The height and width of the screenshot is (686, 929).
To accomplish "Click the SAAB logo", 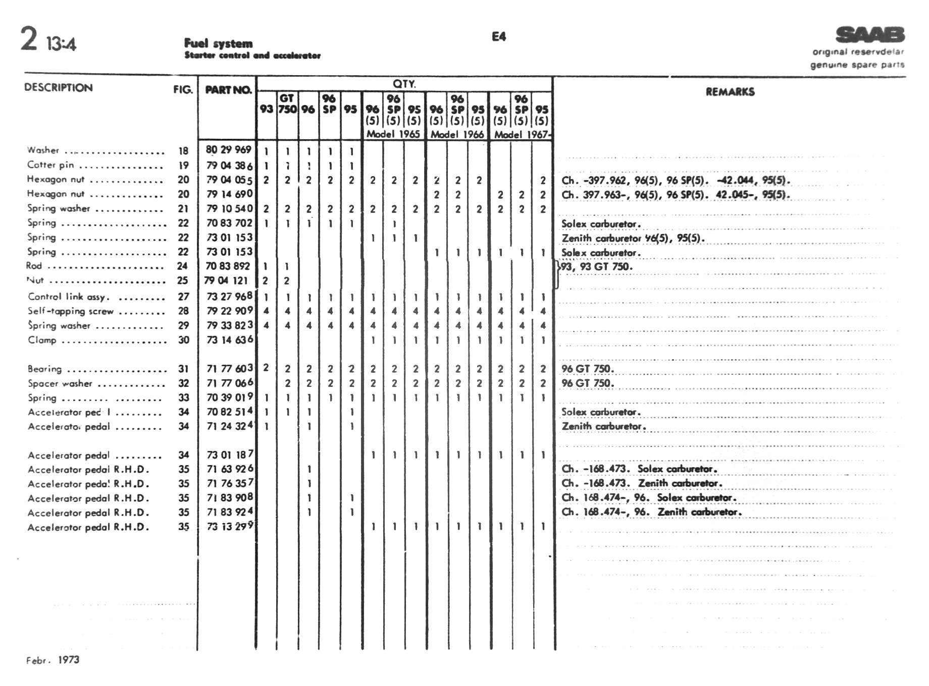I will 870,35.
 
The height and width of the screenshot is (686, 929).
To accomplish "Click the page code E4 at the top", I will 498,36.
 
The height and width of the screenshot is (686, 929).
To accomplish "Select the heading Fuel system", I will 218,43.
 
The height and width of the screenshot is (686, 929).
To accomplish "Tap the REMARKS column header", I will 730,92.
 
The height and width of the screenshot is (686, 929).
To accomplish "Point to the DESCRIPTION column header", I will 59,88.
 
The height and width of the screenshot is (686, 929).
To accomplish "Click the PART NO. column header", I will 228,90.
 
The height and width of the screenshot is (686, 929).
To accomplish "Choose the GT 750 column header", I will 287,104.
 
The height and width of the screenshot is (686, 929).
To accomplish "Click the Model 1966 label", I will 457,135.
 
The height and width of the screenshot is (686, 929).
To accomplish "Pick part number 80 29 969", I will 228,150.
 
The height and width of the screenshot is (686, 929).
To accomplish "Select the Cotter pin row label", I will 50,165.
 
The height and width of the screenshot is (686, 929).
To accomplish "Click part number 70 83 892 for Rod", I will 228,266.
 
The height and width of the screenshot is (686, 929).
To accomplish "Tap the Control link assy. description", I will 69,297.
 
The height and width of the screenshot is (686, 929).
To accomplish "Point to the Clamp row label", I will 42,340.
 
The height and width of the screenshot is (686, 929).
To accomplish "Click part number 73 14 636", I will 229,340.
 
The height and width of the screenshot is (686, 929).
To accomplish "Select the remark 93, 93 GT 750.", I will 597,267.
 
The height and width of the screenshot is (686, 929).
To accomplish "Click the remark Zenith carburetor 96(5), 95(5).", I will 633,238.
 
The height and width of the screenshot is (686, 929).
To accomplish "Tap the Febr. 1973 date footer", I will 53,660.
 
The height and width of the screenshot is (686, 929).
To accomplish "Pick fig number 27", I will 183,297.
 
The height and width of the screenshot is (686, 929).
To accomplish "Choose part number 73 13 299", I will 229,527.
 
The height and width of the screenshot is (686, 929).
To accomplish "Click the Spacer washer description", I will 60,383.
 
